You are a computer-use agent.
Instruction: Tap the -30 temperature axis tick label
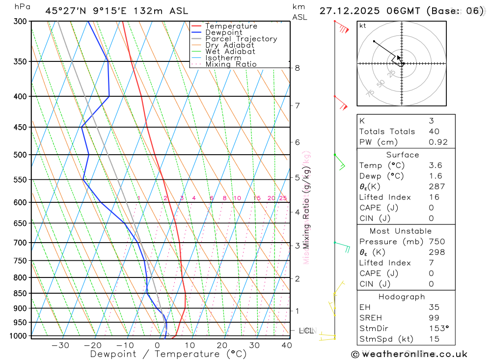click(60, 345)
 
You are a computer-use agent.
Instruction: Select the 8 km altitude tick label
click(297, 68)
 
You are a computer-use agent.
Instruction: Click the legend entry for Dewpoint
click(224, 32)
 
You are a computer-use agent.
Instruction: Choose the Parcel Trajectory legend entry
click(241, 39)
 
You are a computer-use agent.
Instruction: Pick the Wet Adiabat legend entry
click(230, 52)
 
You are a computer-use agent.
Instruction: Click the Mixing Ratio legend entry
click(231, 64)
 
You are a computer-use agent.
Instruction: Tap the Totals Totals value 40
click(434, 132)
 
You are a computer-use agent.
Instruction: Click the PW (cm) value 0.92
click(438, 142)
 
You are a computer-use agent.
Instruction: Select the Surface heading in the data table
click(403, 155)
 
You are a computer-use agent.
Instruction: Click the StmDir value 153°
click(438, 328)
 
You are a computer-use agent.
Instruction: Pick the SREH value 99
click(434, 318)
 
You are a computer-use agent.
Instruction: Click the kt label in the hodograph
click(363, 26)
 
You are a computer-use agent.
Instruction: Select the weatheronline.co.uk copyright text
click(409, 354)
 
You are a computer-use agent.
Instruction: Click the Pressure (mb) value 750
click(436, 242)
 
